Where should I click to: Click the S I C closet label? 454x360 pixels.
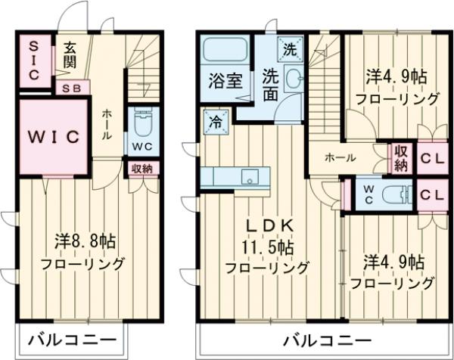pos(33,61)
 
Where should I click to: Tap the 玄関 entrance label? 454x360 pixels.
pos(70,55)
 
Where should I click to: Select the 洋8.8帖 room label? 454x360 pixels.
pos(85,243)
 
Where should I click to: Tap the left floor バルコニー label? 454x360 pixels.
pos(72,338)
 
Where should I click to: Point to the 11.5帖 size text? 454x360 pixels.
pos(269,247)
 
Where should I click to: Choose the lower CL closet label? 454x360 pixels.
pos(432,194)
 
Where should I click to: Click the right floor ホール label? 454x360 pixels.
pos(341,157)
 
